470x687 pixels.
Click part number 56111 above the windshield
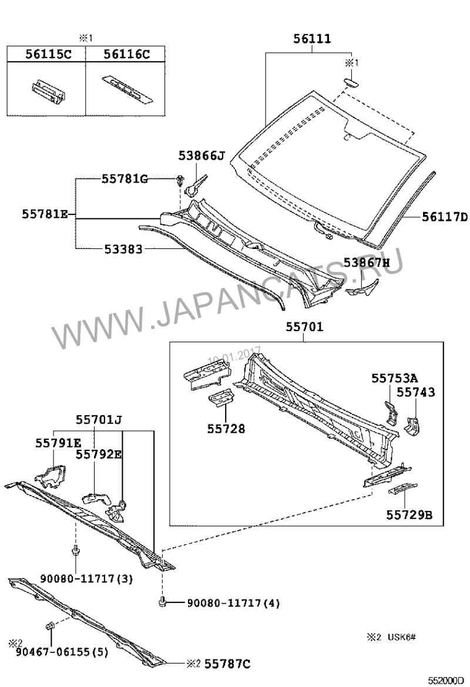[312, 39]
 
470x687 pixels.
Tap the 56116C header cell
[125, 55]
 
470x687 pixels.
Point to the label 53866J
[202, 156]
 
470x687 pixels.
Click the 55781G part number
[125, 179]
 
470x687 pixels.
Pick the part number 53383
[123, 250]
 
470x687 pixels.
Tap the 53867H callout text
[367, 262]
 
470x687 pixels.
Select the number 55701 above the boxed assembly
[305, 327]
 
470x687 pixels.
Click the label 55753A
[395, 378]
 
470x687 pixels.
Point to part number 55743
[416, 392]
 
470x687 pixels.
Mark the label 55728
[226, 429]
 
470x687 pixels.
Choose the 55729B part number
[409, 514]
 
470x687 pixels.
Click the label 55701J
[99, 420]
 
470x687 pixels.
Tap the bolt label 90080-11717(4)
[233, 603]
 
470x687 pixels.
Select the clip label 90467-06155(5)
[62, 652]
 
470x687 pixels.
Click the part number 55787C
[227, 664]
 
